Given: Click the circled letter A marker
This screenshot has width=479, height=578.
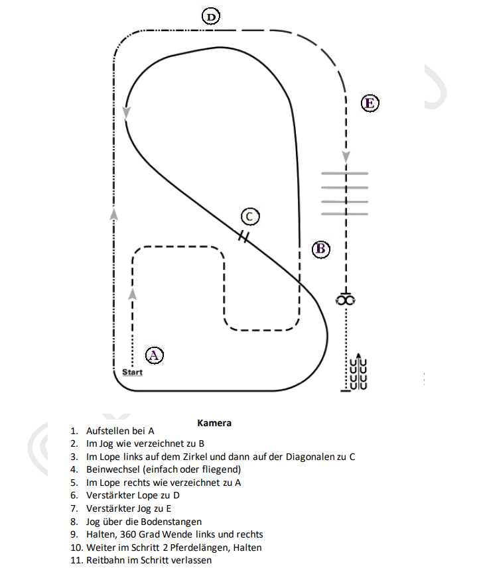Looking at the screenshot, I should pos(154,355).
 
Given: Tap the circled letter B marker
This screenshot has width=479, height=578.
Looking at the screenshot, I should pos(321,249).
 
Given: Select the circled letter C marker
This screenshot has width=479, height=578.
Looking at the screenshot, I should pos(249,216).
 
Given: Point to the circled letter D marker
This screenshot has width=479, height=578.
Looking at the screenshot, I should pos(211,17).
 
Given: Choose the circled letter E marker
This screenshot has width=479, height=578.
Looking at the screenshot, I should pos(370,103).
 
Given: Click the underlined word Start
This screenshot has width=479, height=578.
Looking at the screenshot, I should pos(132,373).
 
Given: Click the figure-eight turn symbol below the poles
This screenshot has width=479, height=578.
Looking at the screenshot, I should pos(346,300).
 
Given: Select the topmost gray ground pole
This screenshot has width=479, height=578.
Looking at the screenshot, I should pos(344,174).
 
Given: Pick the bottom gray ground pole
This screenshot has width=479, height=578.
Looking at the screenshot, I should pos(344,214).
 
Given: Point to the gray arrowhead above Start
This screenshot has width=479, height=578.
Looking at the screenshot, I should pos(133,294).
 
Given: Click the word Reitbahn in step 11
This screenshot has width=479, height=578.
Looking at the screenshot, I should pos(105,561).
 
